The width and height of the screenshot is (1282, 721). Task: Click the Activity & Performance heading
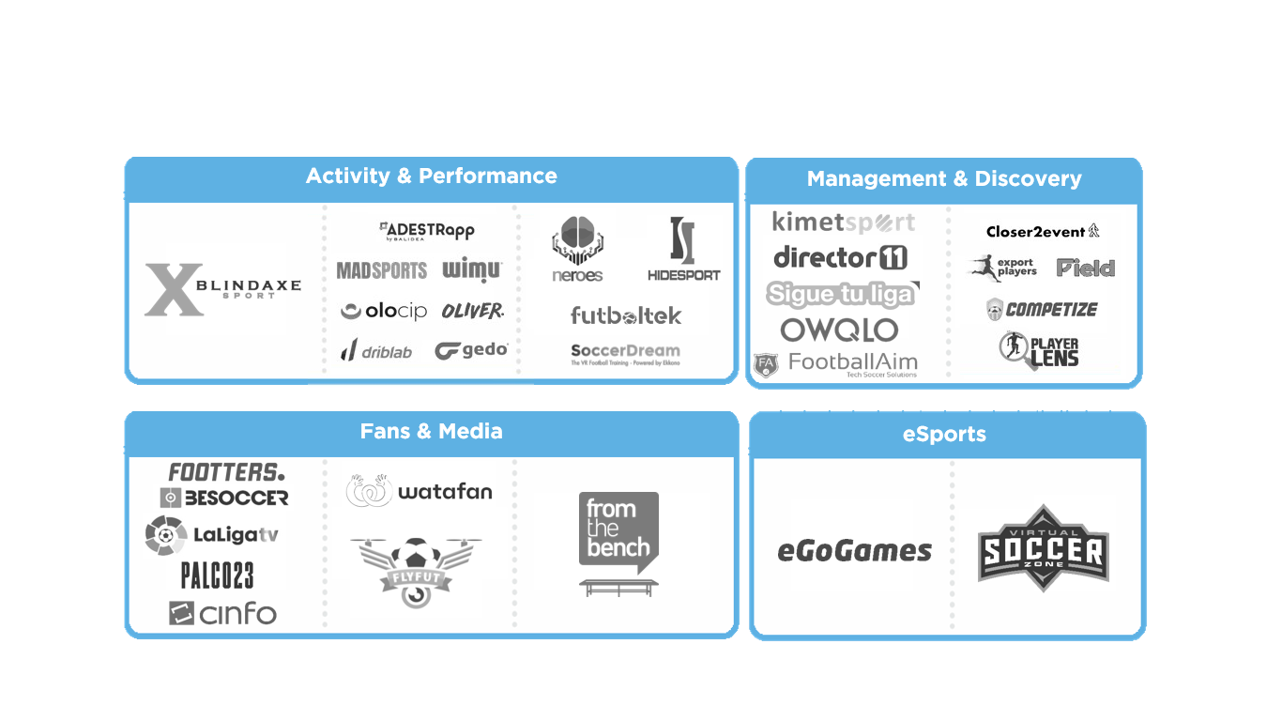tap(431, 176)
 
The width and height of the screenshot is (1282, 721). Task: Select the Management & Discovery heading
tap(943, 179)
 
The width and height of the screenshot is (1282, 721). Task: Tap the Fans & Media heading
tap(431, 432)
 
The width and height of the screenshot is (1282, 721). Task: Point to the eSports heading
tap(944, 435)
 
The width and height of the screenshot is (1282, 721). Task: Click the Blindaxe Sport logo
tap(223, 289)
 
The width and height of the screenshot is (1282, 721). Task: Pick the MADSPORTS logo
tap(382, 270)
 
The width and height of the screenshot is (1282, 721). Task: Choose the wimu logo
tap(472, 270)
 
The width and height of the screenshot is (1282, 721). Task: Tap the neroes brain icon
tap(577, 240)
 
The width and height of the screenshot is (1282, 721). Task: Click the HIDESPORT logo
tap(683, 250)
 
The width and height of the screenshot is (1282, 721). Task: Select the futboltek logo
tap(626, 315)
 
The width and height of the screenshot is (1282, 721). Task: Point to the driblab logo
tap(376, 351)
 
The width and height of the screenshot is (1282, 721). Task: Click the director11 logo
tap(840, 257)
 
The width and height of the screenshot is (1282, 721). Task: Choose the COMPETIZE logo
tap(1042, 309)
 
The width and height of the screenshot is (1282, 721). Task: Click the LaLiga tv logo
tap(212, 535)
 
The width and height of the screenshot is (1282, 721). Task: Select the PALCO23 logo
tap(217, 575)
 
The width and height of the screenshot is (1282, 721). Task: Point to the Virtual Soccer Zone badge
tap(1043, 549)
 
